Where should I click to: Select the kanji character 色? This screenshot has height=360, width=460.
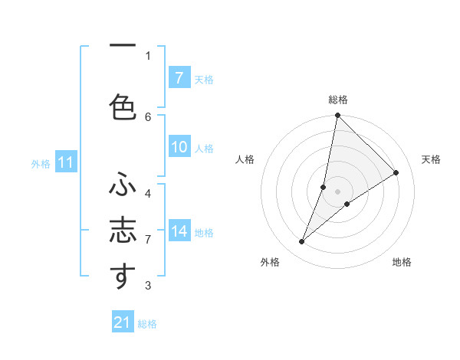click(123, 106)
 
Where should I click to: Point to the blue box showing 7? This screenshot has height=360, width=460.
click(179, 77)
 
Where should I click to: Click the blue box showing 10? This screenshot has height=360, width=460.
click(179, 147)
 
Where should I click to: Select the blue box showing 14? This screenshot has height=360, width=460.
click(179, 231)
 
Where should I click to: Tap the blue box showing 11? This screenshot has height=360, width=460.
click(65, 162)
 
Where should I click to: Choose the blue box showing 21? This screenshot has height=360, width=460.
click(123, 322)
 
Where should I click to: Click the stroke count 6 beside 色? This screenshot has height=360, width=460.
click(148, 116)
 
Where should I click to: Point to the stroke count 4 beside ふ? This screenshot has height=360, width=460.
click(148, 193)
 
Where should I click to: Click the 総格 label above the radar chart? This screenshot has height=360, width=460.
click(337, 100)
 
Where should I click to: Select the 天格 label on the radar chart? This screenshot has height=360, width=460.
click(431, 159)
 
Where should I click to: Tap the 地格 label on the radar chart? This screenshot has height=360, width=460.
click(402, 262)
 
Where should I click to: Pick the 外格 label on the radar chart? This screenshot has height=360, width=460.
click(270, 262)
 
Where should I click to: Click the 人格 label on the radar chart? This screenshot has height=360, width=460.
click(245, 159)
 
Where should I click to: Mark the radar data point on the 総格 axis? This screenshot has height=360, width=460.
click(337, 116)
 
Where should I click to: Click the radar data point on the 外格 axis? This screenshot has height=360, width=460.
click(302, 242)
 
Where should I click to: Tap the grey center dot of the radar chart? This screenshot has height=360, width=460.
click(337, 191)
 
